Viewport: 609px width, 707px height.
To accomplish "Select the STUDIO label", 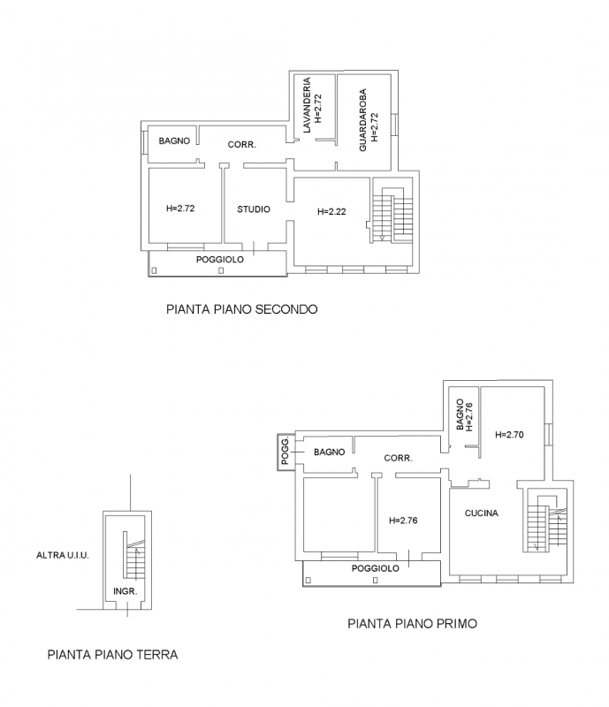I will tap(253, 209).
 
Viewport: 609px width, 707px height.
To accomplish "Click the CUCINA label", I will tap(480, 513).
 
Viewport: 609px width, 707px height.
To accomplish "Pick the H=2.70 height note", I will tap(510, 434).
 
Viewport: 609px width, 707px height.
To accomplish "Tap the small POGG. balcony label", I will tap(285, 452).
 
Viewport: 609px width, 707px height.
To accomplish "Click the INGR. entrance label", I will tap(125, 591).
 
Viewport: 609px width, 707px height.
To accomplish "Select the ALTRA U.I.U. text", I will tap(63, 555).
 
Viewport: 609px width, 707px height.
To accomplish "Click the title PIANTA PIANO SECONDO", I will tap(240, 310).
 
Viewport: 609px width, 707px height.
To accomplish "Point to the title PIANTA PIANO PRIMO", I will tap(412, 623).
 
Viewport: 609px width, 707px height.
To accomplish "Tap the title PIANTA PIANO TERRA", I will tap(112, 655).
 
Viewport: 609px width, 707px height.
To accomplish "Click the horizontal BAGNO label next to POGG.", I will tap(328, 452).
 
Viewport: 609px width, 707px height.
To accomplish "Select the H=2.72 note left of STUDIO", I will tap(180, 209).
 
